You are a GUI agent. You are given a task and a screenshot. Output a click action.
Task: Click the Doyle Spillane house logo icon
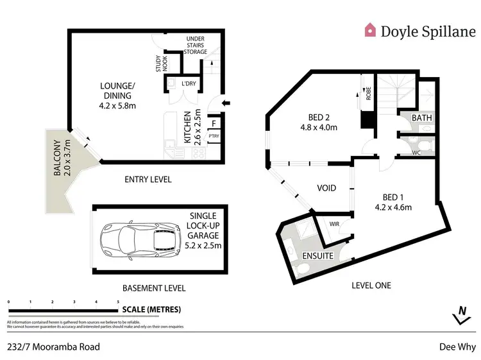point(370,30)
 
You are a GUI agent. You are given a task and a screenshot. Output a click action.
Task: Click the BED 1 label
point(393,201)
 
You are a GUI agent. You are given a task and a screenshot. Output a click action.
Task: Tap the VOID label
point(328,188)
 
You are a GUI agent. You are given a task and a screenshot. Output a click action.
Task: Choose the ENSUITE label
point(318,256)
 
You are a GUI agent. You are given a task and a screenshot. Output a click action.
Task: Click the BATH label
point(422,118)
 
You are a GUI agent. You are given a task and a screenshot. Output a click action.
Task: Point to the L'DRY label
point(189,84)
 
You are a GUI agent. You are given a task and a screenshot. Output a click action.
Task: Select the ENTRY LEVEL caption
point(148,180)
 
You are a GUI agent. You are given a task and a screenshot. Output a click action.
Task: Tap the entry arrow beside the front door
point(225,101)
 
